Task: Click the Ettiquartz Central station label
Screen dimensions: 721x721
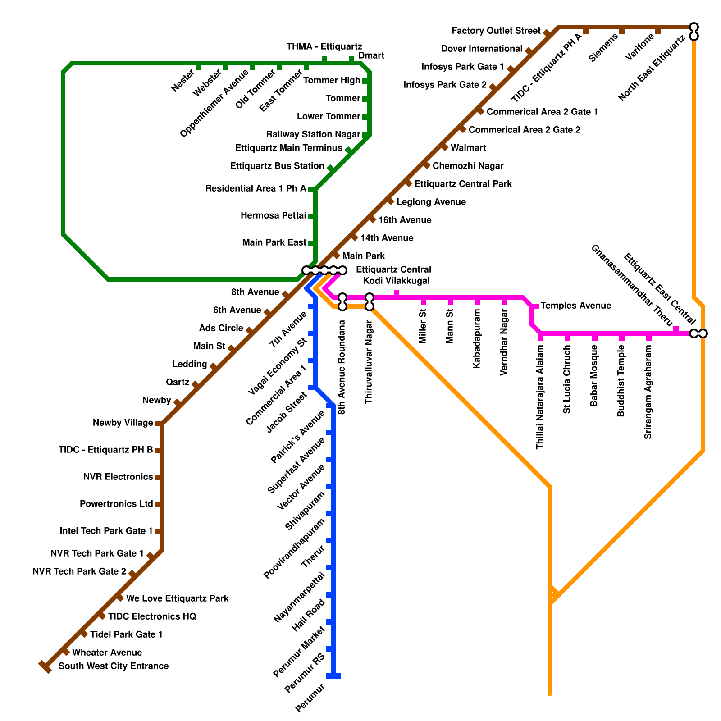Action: click(x=393, y=269)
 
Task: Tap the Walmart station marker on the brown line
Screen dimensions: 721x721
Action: click(x=444, y=147)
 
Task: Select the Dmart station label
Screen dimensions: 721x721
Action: click(x=371, y=55)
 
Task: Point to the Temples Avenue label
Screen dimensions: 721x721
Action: click(x=575, y=306)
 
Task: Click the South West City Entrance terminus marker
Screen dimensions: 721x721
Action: click(x=45, y=666)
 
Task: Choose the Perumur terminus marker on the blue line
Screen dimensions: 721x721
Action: click(x=333, y=675)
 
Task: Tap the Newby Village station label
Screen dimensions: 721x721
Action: click(x=123, y=423)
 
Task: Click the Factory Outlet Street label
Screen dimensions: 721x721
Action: click(x=496, y=31)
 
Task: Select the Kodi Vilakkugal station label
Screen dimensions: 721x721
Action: click(x=396, y=281)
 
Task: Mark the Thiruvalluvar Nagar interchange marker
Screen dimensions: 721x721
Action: click(x=370, y=302)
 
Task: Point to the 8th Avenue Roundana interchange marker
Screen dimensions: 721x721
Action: click(x=342, y=302)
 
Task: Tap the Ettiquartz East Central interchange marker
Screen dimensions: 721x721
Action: click(x=698, y=333)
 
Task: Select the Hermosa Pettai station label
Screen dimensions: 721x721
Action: click(x=273, y=215)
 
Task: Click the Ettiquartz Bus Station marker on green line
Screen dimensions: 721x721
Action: click(x=330, y=169)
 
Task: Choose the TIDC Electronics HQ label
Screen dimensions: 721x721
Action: click(x=152, y=616)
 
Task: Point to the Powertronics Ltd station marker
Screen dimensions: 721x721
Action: click(x=158, y=505)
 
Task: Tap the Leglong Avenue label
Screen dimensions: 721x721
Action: click(x=431, y=202)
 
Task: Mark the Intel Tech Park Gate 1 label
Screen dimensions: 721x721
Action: click(x=106, y=531)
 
